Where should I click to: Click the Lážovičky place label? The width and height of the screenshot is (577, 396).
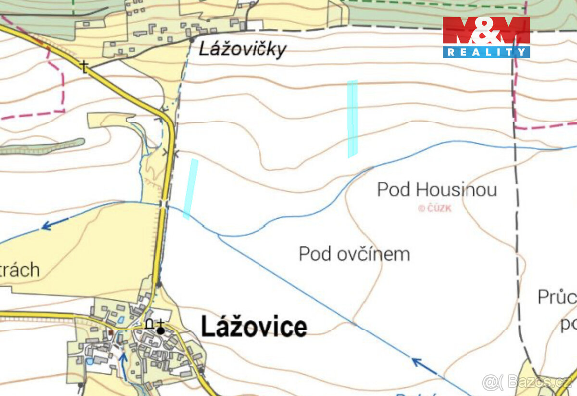pos(242,49)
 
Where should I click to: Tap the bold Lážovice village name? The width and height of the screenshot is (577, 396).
pos(254,327)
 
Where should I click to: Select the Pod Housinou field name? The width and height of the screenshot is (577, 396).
pos(437,189)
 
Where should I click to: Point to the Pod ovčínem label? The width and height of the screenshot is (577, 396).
pos(354,254)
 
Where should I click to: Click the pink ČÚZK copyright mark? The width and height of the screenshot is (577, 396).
pos(435,208)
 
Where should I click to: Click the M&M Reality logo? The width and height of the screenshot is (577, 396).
pos(486,37)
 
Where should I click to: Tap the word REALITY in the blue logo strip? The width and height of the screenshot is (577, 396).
pos(486,52)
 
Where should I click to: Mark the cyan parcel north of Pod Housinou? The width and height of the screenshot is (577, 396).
pos(352,119)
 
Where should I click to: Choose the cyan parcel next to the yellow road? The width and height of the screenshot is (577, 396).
pos(190,189)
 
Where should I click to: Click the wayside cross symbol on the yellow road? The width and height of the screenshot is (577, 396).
pos(85,66)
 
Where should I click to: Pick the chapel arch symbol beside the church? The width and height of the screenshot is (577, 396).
pos(150,325)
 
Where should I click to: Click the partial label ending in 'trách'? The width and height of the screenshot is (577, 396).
pos(19,270)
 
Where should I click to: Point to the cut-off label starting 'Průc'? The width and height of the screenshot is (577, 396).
pos(557,298)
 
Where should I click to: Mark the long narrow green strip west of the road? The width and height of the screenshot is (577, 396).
pos(43,147)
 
